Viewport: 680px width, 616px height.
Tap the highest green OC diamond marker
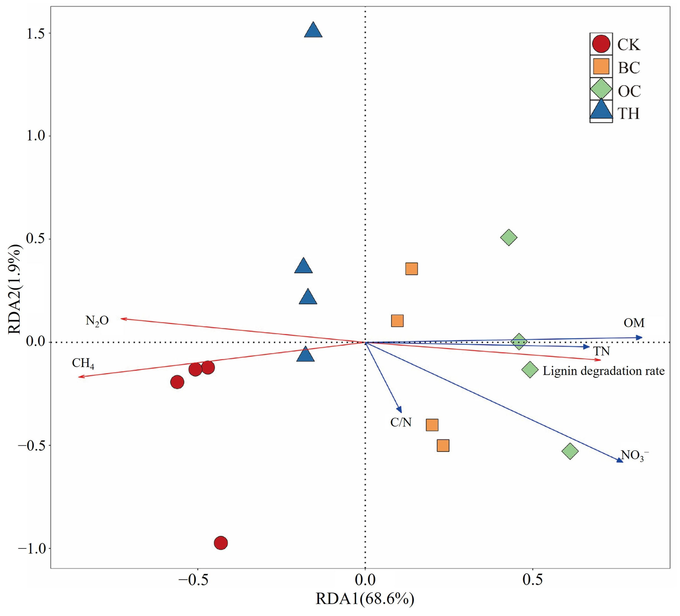tap(509, 238)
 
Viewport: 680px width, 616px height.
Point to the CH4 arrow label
tap(83, 364)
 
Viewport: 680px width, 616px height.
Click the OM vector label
tap(634, 323)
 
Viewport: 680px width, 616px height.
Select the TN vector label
tap(602, 351)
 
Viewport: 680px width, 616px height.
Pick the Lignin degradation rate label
tap(603, 371)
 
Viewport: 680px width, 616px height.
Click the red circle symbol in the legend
tap(601, 44)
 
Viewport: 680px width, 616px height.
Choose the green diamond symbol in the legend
tap(601, 89)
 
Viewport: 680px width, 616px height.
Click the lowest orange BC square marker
tap(443, 446)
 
